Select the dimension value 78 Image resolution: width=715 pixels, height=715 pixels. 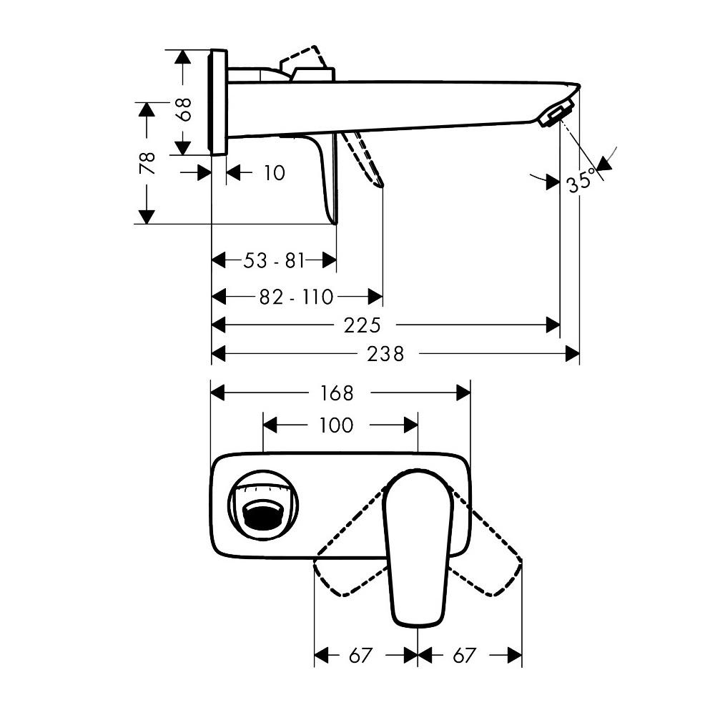coord(147,163)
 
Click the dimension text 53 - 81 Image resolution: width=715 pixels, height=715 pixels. coord(275,261)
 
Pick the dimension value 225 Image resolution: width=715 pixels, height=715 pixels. coord(362,325)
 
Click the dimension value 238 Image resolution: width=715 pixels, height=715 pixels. coord(386,353)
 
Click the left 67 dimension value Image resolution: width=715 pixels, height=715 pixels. coord(361,655)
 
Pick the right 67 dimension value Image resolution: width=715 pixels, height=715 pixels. coord(464,655)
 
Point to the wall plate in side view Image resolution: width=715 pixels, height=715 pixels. coord(219,102)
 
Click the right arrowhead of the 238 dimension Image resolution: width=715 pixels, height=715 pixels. coord(572,353)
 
